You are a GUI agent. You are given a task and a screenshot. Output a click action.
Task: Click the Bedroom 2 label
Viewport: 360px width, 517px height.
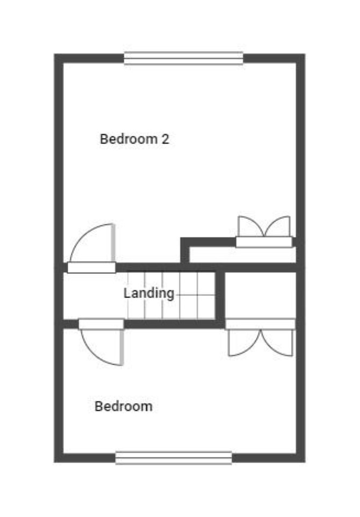tap(135, 139)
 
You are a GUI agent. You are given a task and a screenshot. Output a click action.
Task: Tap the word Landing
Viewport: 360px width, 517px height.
tap(149, 293)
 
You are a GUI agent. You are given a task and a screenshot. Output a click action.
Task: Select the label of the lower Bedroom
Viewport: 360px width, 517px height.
tap(124, 406)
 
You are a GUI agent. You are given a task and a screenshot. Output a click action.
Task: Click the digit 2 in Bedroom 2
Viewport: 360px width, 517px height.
tap(165, 139)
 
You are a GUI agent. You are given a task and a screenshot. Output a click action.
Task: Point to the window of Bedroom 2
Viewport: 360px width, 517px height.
tap(183, 59)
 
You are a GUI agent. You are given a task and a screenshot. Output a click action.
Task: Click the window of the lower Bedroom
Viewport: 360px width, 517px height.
tap(174, 457)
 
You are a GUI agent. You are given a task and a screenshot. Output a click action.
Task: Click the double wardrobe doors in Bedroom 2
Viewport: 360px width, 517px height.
tap(264, 227)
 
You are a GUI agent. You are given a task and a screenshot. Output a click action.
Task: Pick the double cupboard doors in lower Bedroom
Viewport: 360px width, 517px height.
tap(261, 343)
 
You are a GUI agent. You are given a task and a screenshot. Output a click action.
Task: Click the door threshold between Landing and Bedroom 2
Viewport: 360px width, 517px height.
tap(92, 267)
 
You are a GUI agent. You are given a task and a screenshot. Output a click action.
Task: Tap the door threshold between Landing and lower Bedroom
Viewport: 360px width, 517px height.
tap(102, 324)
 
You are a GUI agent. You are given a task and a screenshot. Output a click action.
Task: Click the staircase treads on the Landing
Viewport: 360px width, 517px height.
tap(171, 295)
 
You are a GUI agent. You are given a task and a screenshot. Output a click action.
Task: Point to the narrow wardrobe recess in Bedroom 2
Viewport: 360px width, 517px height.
tap(242, 255)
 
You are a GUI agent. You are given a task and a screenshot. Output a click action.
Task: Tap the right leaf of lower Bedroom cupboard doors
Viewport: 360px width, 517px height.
tap(277, 343)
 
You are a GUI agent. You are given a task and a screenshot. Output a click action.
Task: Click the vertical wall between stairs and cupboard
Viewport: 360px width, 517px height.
tap(220, 296)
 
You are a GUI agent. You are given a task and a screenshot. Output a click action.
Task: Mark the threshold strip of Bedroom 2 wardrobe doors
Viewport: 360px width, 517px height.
tap(264, 242)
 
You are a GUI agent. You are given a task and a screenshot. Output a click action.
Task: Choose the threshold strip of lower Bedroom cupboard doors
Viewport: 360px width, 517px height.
tap(261, 324)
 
